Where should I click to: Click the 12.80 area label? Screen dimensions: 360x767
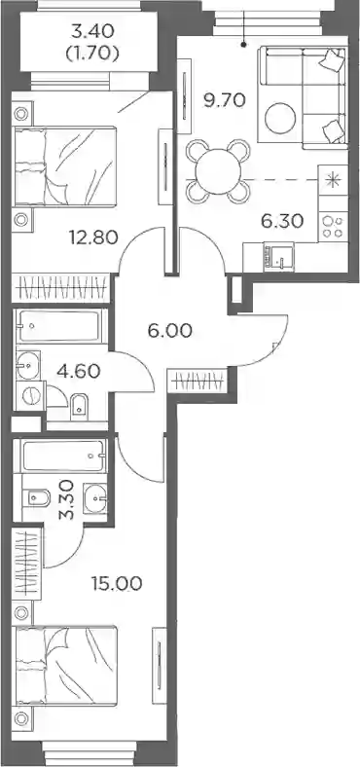pyautogui.click(x=95, y=237)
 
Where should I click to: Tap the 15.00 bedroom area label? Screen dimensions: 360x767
pyautogui.click(x=117, y=583)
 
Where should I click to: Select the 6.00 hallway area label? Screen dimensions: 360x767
pyautogui.click(x=169, y=332)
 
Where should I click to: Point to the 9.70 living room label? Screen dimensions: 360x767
pyautogui.click(x=223, y=101)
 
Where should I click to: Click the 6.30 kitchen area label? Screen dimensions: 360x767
pyautogui.click(x=282, y=221)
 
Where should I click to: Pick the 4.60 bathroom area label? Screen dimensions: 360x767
pyautogui.click(x=78, y=371)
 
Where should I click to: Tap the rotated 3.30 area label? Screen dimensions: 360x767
pyautogui.click(x=67, y=499)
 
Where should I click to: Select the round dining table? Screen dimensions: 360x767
pyautogui.click(x=218, y=171)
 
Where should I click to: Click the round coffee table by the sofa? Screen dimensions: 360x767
pyautogui.click(x=280, y=118)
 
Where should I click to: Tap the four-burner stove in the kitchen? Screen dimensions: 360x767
pyautogui.click(x=333, y=227)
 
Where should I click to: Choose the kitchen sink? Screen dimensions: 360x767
pyautogui.click(x=279, y=257)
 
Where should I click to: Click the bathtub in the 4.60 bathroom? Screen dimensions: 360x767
pyautogui.click(x=60, y=326)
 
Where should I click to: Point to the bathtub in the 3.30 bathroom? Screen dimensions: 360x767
pyautogui.click(x=62, y=456)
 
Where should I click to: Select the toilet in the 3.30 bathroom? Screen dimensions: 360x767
pyautogui.click(x=37, y=498)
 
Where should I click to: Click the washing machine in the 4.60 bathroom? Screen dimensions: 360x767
pyautogui.click(x=30, y=396)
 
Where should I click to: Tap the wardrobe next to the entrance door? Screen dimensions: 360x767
pyautogui.click(x=198, y=380)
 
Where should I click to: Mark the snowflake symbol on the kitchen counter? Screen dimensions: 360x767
pyautogui.click(x=333, y=180)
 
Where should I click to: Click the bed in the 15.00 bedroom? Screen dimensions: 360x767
pyautogui.click(x=66, y=666)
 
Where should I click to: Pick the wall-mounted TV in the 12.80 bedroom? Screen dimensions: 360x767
pyautogui.click(x=165, y=166)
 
